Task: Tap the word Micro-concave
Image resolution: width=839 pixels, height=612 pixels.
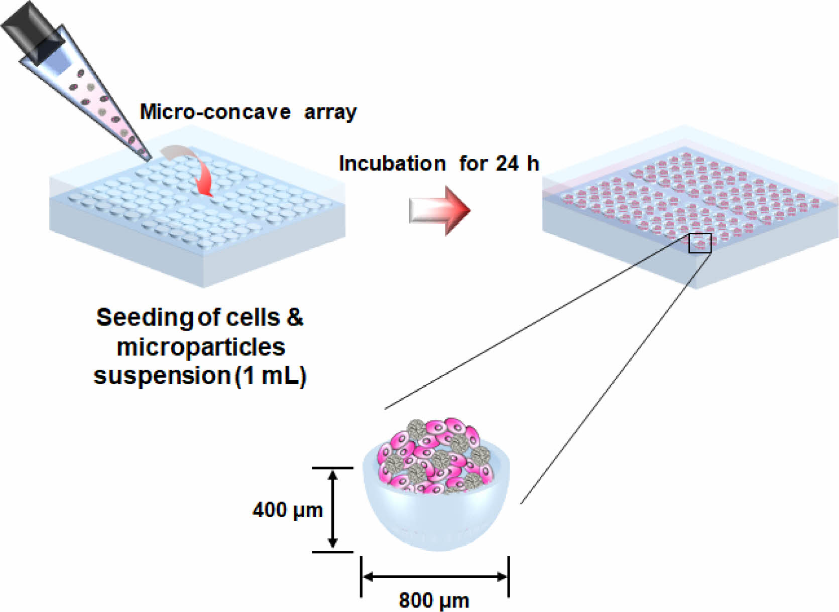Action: click(x=215, y=112)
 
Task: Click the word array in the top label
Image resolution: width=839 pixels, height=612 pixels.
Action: click(x=330, y=112)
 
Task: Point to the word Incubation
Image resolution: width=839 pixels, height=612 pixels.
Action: click(x=392, y=164)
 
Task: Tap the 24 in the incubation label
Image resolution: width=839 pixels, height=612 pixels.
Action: click(x=507, y=164)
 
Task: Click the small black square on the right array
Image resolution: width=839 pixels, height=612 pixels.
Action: click(x=699, y=243)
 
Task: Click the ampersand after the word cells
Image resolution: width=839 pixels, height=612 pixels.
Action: click(x=295, y=317)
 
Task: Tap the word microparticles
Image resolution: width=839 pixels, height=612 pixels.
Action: click(x=201, y=347)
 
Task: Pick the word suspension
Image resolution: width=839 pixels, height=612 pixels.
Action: click(x=162, y=376)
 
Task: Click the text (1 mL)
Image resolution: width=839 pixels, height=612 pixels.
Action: click(x=271, y=376)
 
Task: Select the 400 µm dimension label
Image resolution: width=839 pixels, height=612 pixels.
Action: click(x=287, y=510)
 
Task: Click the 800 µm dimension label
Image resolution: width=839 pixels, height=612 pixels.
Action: click(x=434, y=600)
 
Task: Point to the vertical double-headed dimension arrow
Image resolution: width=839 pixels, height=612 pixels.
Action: click(x=332, y=509)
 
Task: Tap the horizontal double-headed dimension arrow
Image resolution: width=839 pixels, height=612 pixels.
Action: click(x=435, y=577)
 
